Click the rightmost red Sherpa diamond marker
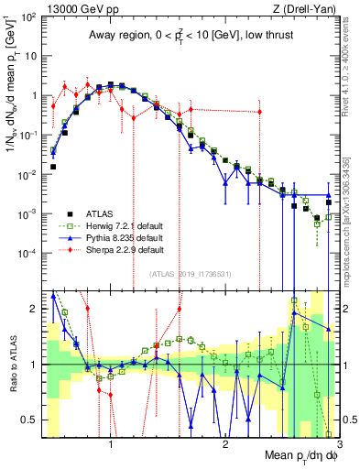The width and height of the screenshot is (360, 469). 259,112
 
